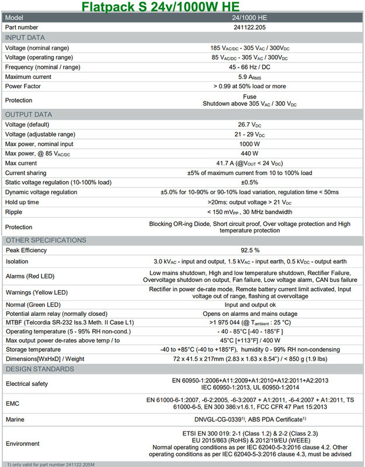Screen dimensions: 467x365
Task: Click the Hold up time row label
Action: [x=24, y=202]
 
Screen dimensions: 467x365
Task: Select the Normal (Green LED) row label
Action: [x=34, y=304]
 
